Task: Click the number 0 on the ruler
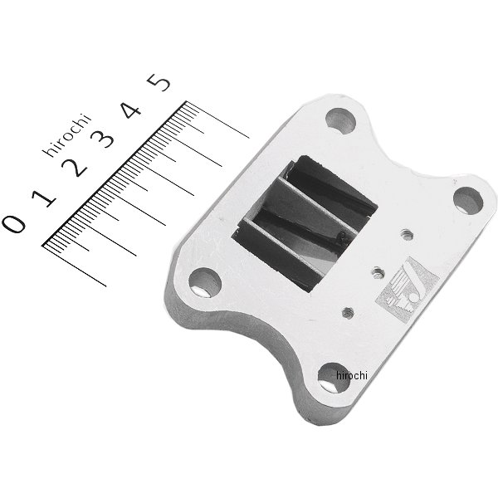click(x=13, y=223)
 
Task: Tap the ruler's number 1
click(x=44, y=198)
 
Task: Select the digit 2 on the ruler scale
click(x=75, y=167)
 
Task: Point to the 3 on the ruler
click(x=102, y=139)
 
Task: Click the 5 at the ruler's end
click(x=159, y=82)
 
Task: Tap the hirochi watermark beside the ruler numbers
click(x=67, y=134)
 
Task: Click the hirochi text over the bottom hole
click(x=352, y=375)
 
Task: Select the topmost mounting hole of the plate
click(x=341, y=120)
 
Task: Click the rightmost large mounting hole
click(x=468, y=201)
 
